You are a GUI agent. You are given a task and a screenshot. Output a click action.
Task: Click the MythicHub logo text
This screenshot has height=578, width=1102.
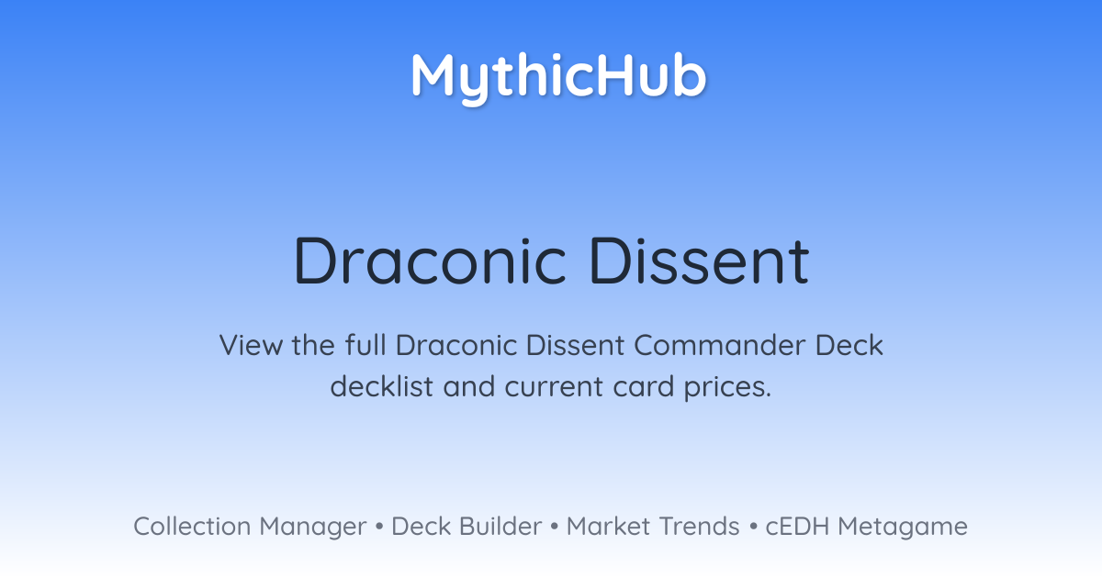coord(559,78)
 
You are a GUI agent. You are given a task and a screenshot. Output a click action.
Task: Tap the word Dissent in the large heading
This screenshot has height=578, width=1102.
coord(699,261)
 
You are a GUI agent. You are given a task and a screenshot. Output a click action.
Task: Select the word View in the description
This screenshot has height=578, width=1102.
coord(251,345)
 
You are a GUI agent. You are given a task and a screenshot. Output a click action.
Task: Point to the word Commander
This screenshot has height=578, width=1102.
coord(720,345)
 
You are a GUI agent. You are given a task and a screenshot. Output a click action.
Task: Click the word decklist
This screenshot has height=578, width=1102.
coord(382,386)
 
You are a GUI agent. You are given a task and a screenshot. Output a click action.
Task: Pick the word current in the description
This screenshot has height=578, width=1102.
coord(554,387)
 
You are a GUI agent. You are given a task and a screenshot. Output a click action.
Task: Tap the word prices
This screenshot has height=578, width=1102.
coord(727,388)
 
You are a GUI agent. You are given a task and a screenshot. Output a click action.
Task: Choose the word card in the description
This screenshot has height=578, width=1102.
coord(644,386)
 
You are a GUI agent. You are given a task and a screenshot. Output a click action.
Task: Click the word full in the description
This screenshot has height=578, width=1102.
coord(365,345)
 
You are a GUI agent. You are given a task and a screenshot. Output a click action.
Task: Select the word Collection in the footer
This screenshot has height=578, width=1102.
coord(192,527)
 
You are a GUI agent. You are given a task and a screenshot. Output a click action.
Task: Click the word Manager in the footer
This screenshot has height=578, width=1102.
coord(313,528)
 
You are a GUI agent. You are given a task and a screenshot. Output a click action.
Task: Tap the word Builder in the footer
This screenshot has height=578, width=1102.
coord(500,527)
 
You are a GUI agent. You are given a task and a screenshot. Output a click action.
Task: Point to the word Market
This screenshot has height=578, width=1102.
coord(609,527)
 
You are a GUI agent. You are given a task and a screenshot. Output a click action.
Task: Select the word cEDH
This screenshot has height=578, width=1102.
coord(797,527)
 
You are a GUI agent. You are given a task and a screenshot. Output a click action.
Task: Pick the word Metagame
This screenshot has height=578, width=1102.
coord(903,528)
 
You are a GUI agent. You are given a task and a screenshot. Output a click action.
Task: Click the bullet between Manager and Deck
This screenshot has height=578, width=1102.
coord(378,527)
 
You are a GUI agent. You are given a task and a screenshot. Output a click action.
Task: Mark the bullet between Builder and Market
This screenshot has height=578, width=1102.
coord(555,527)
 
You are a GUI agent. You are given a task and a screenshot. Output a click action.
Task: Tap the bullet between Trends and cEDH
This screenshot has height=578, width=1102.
coord(753,527)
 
